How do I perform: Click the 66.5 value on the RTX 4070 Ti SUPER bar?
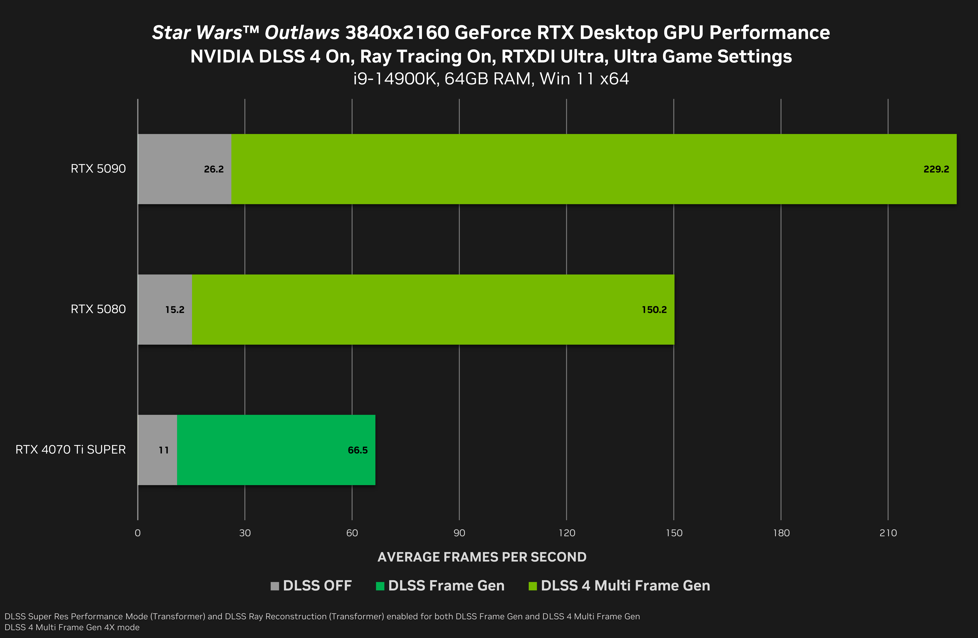pyautogui.click(x=358, y=450)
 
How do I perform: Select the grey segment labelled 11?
pyautogui.click(x=157, y=450)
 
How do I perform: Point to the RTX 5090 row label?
pyautogui.click(x=98, y=169)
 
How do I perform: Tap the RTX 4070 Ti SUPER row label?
pyautogui.click(x=71, y=450)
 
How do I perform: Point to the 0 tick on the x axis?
pyautogui.click(x=138, y=533)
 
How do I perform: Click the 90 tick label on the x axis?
pyautogui.click(x=459, y=533)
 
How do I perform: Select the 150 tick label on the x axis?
pyautogui.click(x=674, y=533)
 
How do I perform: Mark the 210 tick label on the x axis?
pyautogui.click(x=888, y=533)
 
